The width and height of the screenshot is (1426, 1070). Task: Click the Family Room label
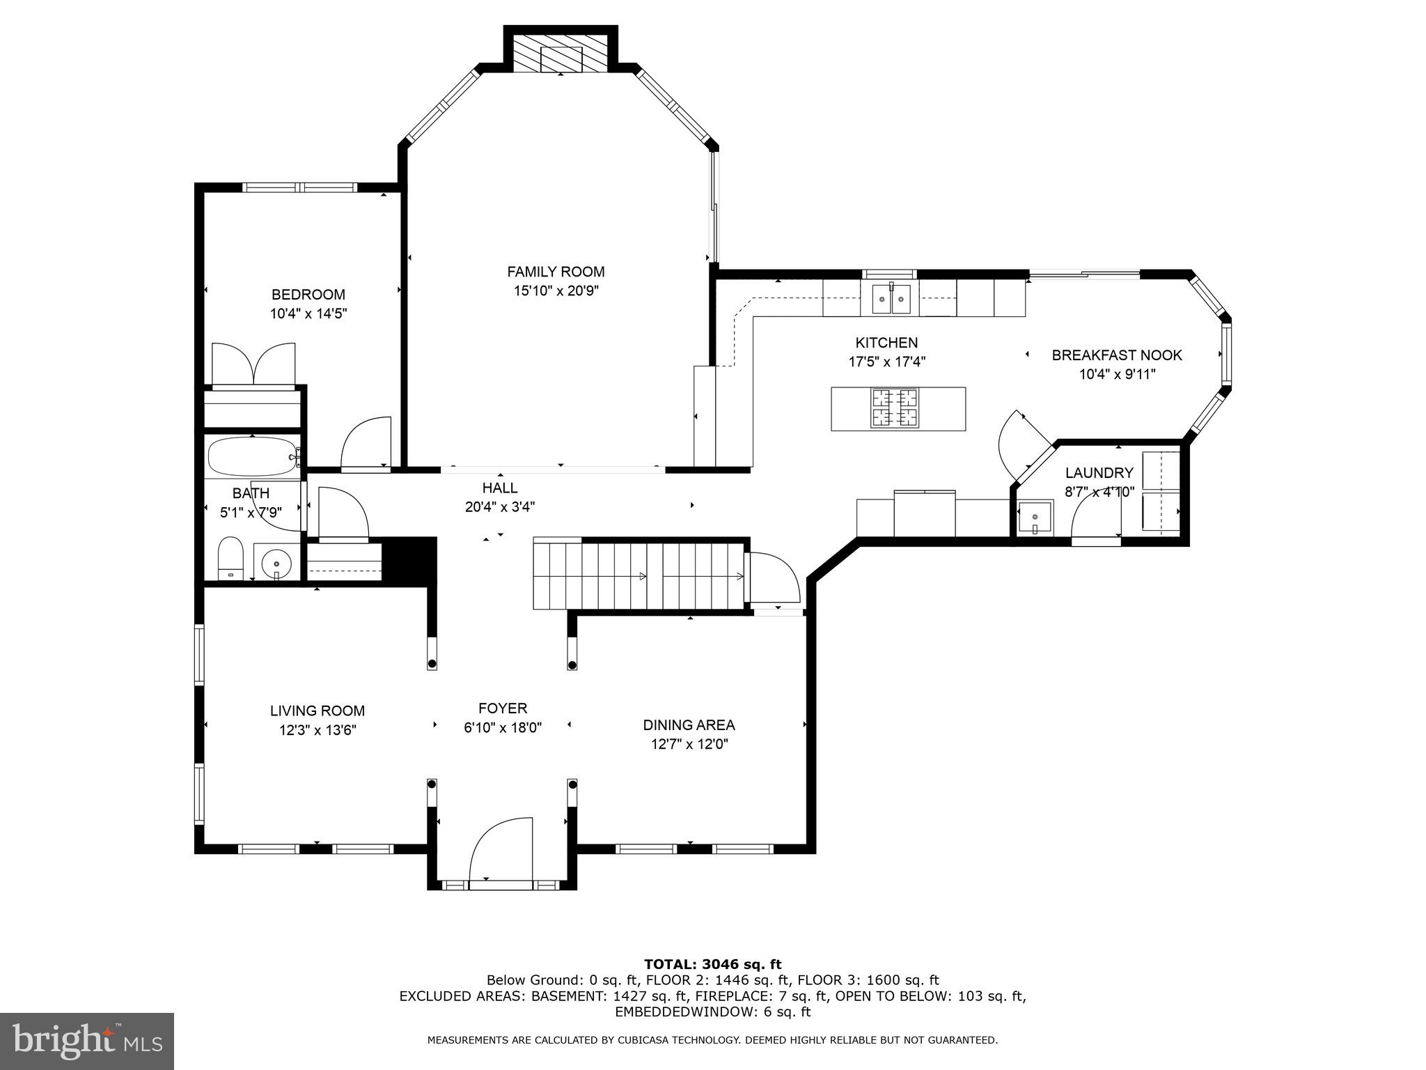(x=556, y=272)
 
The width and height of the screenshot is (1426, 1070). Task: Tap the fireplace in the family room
(x=561, y=53)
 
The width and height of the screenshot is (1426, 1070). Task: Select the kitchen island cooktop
(x=895, y=408)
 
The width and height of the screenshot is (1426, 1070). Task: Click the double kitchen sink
(x=891, y=299)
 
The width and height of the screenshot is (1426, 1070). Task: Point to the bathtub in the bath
(x=253, y=456)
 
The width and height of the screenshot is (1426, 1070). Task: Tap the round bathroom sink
(x=277, y=560)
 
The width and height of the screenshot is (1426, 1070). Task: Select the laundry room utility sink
(x=1035, y=518)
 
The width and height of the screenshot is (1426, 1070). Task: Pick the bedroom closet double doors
(x=253, y=363)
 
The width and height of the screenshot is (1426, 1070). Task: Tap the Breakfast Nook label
(x=1117, y=355)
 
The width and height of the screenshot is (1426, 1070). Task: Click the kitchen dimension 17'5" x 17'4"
(x=886, y=362)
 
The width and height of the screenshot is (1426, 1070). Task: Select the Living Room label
(x=318, y=711)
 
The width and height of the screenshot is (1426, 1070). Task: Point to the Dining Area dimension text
(x=689, y=744)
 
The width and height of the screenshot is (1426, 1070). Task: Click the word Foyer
(x=503, y=708)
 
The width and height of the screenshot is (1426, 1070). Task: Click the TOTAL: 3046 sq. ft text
(x=712, y=965)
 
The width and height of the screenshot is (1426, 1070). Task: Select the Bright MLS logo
(x=87, y=1041)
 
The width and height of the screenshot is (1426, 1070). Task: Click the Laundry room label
(x=1099, y=473)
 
